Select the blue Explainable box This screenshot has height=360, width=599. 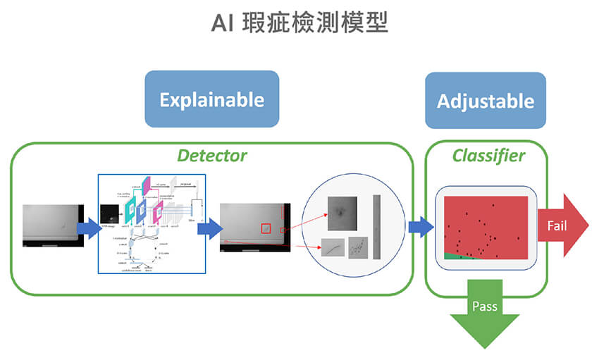pos(211,99)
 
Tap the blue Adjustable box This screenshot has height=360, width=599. pos(486,100)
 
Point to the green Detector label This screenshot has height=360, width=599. pos(211,155)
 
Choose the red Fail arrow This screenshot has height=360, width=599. pos(562,225)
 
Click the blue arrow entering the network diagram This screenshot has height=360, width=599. pos(89,227)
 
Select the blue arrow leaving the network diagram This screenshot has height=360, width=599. pos(213,227)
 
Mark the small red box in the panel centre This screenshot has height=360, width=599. pos(266,228)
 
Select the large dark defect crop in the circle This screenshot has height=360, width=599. pos(342,213)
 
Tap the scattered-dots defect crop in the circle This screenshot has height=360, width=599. pos(358,247)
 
